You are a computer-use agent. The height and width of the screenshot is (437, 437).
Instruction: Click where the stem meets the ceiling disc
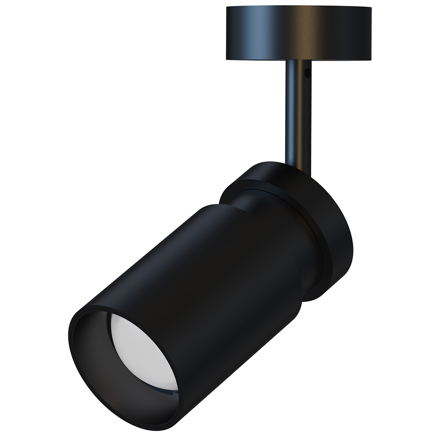pyautogui.click(x=297, y=61)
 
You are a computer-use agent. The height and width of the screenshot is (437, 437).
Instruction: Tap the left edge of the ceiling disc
pyautogui.click(x=226, y=33)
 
